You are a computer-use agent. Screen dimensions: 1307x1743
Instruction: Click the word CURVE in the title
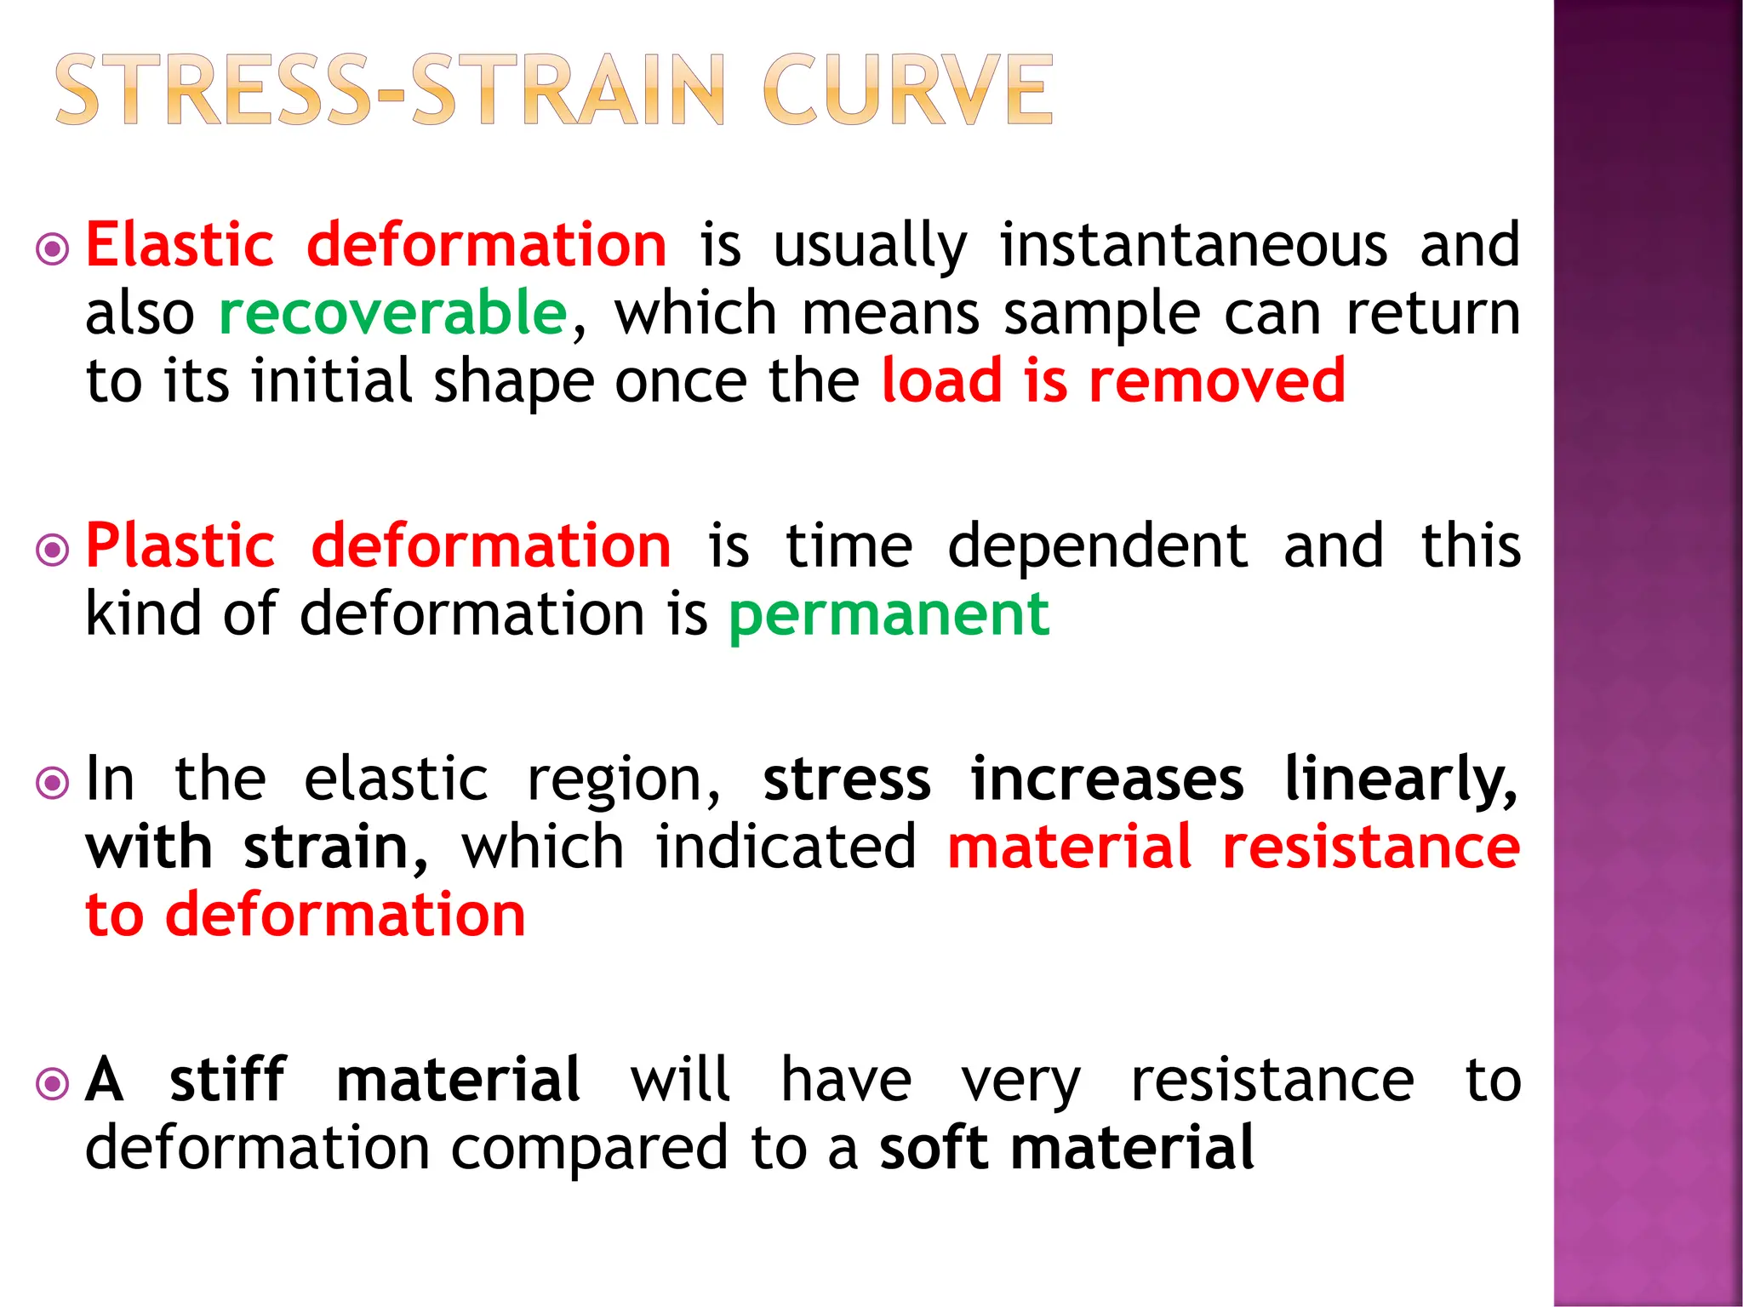pyautogui.click(x=907, y=90)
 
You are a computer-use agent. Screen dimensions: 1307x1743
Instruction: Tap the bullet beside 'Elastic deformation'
pyautogui.click(x=53, y=249)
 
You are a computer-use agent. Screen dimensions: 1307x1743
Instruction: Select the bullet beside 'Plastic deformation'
pyautogui.click(x=53, y=550)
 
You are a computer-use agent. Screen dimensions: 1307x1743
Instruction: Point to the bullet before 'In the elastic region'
pyautogui.click(x=53, y=782)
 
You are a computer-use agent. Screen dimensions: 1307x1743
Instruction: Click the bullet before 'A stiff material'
pyautogui.click(x=53, y=1084)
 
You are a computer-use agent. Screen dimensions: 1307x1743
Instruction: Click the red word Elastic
pyautogui.click(x=180, y=245)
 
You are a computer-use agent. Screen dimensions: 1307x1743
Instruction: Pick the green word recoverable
pyautogui.click(x=393, y=313)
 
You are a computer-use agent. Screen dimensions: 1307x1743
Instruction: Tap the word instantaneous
pyautogui.click(x=1193, y=245)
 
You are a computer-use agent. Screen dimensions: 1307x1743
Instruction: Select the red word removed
pyautogui.click(x=1217, y=380)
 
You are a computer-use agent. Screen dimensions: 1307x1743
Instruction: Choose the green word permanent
pyautogui.click(x=889, y=615)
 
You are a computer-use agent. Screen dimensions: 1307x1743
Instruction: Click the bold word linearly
pyautogui.click(x=1400, y=779)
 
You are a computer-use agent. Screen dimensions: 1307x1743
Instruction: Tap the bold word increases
pyautogui.click(x=1106, y=779)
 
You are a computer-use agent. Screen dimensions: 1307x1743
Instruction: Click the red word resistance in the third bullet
pyautogui.click(x=1370, y=848)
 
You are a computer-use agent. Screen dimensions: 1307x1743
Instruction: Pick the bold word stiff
pyautogui.click(x=228, y=1080)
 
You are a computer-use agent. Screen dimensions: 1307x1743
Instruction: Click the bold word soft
pyautogui.click(x=933, y=1148)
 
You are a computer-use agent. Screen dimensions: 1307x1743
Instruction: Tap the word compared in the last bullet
pyautogui.click(x=589, y=1150)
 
